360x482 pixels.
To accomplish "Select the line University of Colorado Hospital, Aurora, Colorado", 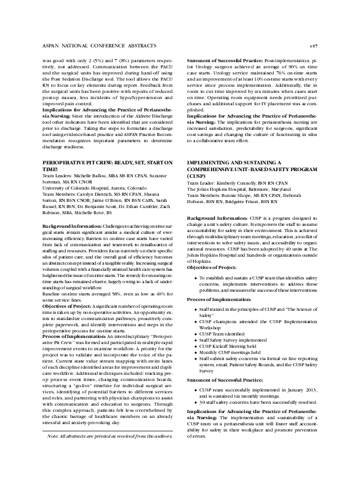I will tap(92, 189).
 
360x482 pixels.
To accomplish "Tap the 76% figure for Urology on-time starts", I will tap(273, 74).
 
